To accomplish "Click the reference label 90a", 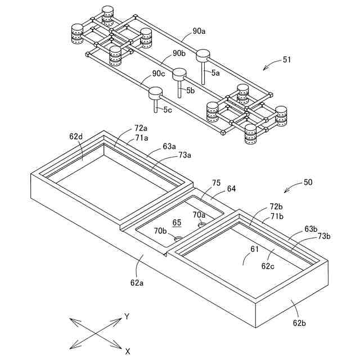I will (x=199, y=32).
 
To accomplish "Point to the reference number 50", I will (x=308, y=182).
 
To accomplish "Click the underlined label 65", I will (x=177, y=223).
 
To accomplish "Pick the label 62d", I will (x=76, y=136).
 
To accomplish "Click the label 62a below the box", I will (x=137, y=283).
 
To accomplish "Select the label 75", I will (x=216, y=182).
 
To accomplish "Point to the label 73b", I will (x=324, y=236).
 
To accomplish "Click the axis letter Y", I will (x=127, y=317).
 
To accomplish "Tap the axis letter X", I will (x=128, y=351).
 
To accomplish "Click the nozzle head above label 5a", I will (x=202, y=55).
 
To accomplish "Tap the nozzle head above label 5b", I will (x=179, y=73).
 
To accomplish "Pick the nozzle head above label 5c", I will (x=155, y=92).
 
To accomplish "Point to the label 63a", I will (x=169, y=147).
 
